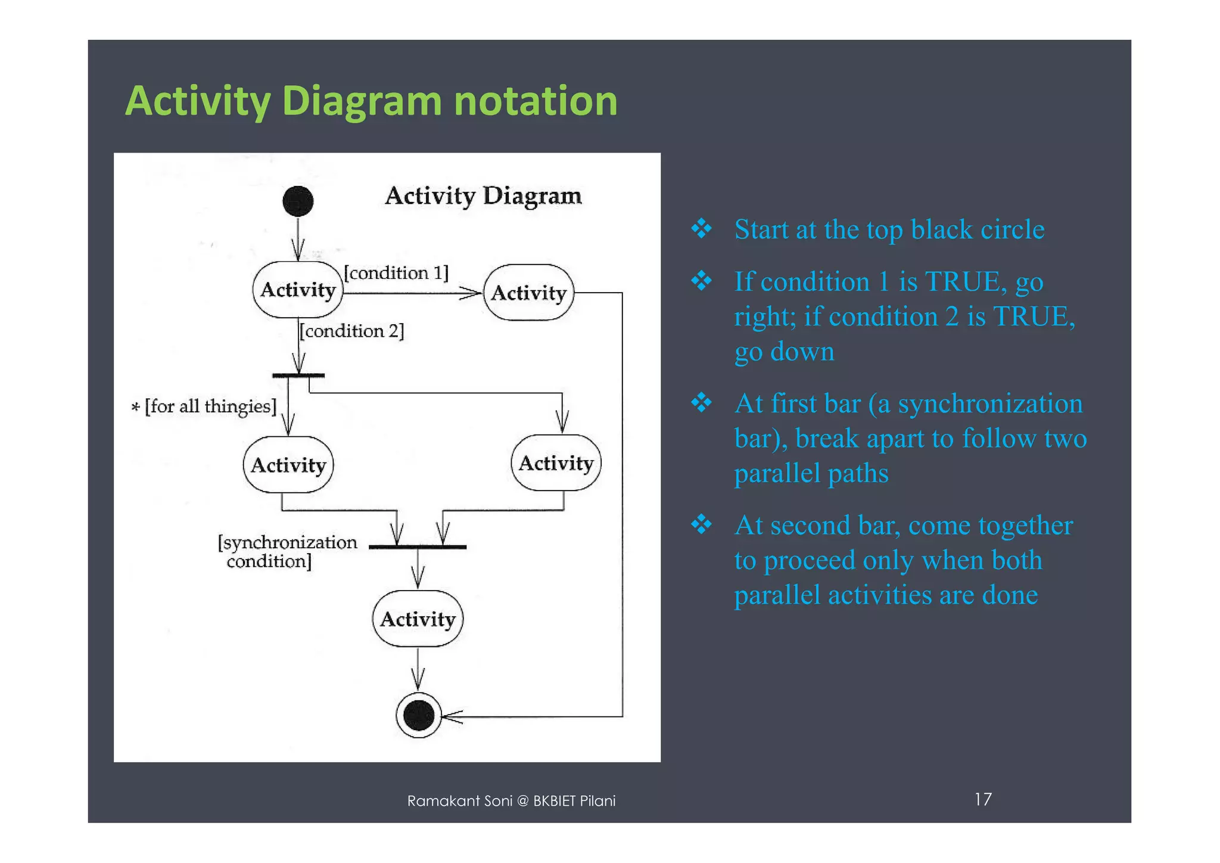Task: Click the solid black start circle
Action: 298,201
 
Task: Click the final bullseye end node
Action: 419,715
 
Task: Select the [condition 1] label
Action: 396,273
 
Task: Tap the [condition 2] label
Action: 351,331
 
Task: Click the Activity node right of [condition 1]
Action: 529,293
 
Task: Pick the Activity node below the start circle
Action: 298,290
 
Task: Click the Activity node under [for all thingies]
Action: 288,465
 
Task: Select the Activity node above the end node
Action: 418,619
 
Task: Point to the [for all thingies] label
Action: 204,406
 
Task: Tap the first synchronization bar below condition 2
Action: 298,375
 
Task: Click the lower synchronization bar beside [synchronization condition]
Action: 418,547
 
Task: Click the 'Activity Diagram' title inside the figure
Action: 483,196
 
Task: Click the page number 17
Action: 983,799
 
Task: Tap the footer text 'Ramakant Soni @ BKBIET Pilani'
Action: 511,801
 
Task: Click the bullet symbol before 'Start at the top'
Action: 702,229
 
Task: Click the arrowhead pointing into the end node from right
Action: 452,716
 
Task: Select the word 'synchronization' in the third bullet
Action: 990,404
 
